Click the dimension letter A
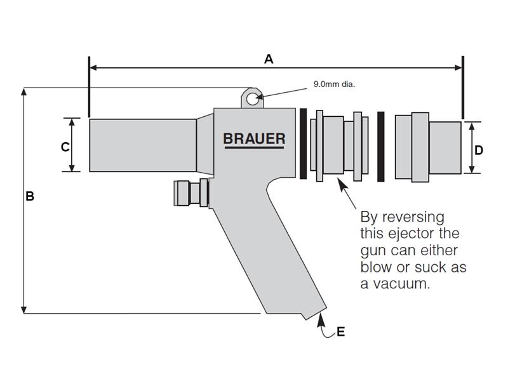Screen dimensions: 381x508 click(269, 59)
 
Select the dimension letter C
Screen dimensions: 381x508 click(65, 147)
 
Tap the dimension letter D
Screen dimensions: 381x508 click(479, 150)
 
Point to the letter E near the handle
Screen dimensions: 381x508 click(341, 331)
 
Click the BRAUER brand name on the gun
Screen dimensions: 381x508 click(254, 138)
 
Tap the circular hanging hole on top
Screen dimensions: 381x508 click(252, 98)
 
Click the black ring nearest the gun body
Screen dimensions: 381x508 click(304, 144)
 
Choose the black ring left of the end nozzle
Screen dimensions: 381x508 click(381, 145)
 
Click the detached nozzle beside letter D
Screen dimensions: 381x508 click(427, 145)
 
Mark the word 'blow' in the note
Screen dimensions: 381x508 click(377, 267)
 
